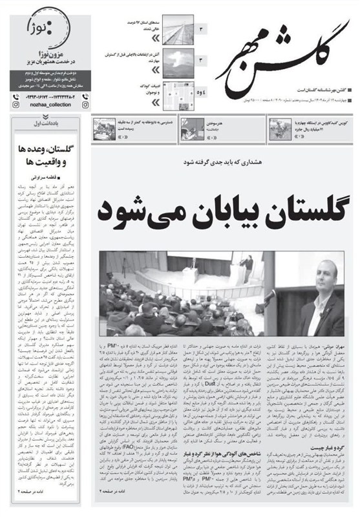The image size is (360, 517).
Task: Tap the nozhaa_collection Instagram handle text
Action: [45, 102]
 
